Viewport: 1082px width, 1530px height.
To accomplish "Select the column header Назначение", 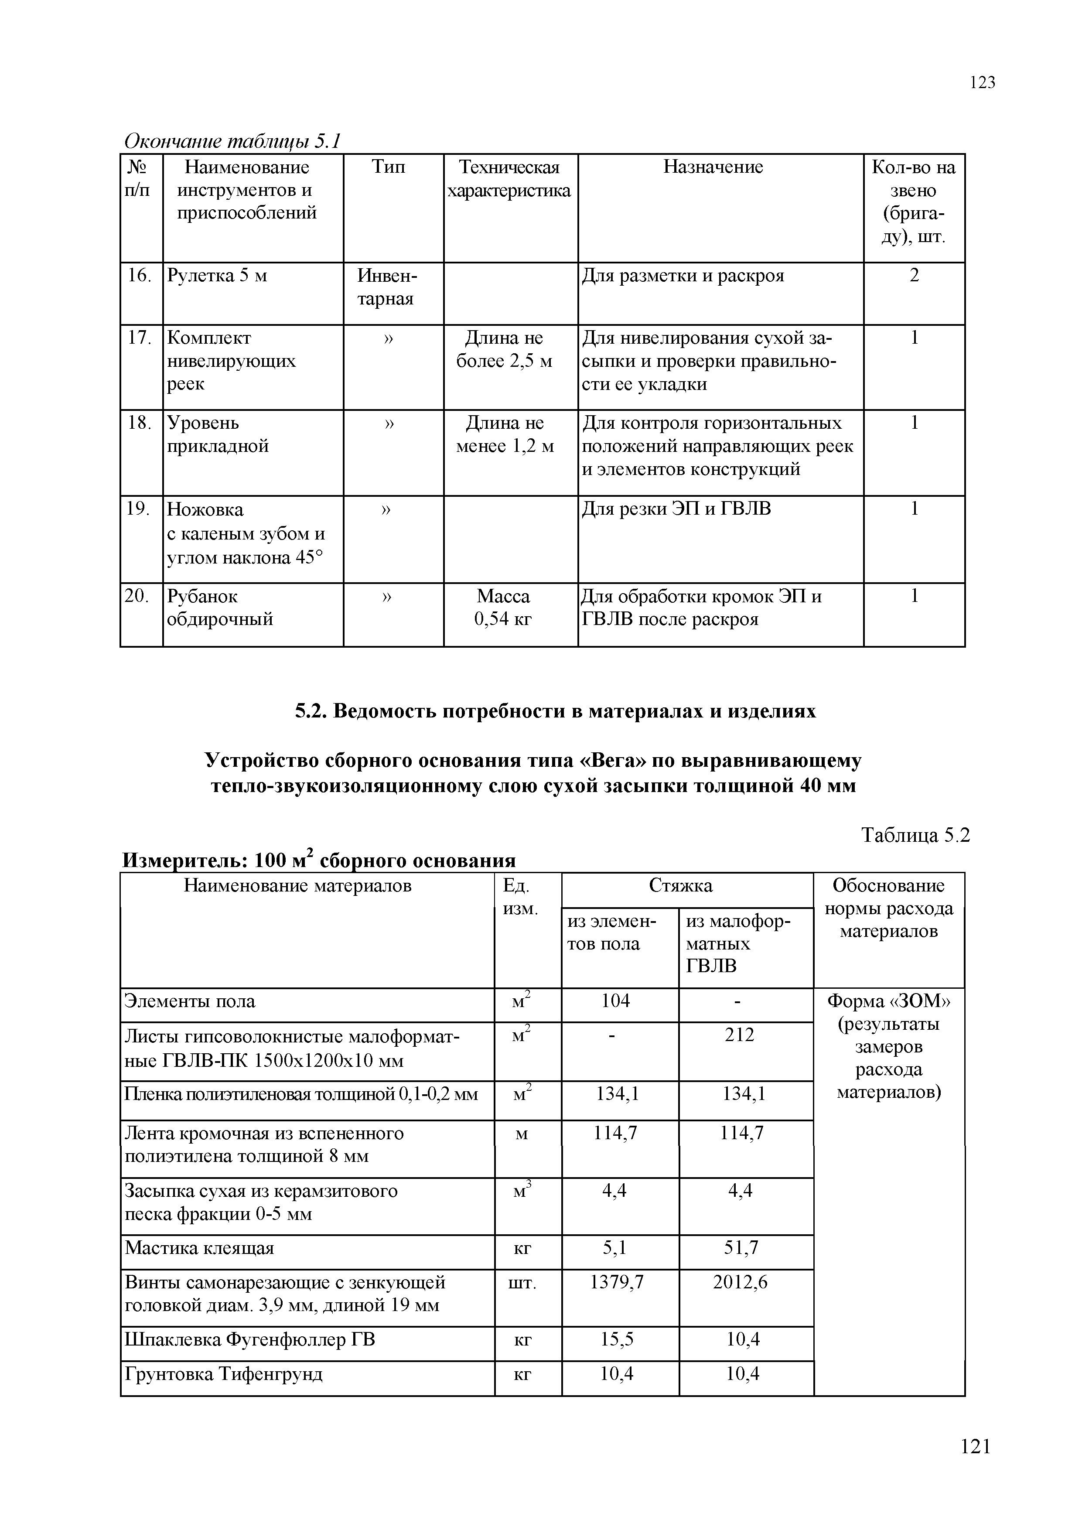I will [713, 167].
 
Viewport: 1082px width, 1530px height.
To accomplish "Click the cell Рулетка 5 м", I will [217, 276].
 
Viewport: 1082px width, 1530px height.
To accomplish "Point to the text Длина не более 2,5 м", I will [504, 350].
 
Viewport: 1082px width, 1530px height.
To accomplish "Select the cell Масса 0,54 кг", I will [504, 607].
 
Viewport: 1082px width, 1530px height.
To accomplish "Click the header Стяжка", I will [680, 886].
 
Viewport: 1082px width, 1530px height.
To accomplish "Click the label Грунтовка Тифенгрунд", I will [224, 1374].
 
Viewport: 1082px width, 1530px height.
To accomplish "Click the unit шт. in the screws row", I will [522, 1282].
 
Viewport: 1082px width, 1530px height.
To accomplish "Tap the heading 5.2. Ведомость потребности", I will [555, 712].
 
